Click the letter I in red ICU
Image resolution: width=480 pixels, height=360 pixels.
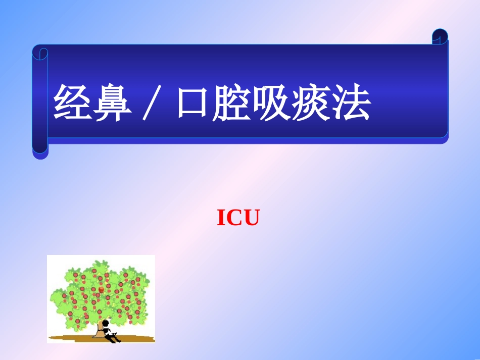click(x=221, y=218)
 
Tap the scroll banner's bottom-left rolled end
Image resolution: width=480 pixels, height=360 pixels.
click(x=40, y=151)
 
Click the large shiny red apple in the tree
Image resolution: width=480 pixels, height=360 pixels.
click(x=101, y=290)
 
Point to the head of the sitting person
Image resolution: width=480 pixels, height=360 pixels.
click(x=106, y=323)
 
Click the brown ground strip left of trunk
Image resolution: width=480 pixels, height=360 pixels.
click(x=71, y=337)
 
